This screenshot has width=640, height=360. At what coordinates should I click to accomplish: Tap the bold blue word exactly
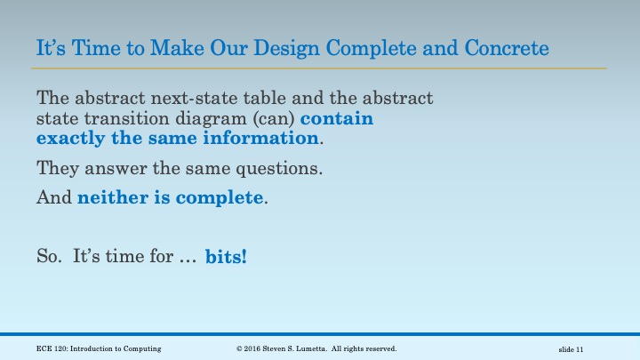point(70,139)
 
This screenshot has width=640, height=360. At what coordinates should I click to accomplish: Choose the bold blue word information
point(266,139)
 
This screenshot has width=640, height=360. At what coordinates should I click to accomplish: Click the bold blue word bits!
point(227,257)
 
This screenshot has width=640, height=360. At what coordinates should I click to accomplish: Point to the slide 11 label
point(570,348)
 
